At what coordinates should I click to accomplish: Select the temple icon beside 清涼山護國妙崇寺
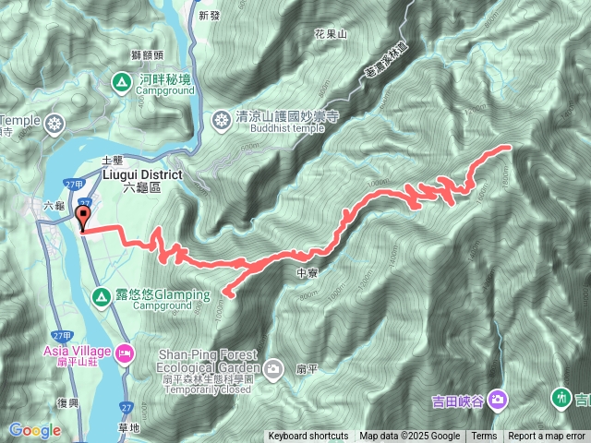222,119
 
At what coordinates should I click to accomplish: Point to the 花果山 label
330,33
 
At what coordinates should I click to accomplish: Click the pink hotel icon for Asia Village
124,352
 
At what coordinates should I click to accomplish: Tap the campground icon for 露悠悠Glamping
101,295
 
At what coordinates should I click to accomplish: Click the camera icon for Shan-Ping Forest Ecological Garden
273,370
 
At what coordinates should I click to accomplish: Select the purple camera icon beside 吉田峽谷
498,400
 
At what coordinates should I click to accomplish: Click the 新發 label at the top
210,16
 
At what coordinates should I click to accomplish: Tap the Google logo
34,430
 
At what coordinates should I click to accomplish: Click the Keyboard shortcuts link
308,437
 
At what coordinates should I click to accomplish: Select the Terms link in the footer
484,437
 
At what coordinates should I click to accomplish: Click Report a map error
548,437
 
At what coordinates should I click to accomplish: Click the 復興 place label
68,403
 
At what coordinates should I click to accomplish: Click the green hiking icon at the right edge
561,398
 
